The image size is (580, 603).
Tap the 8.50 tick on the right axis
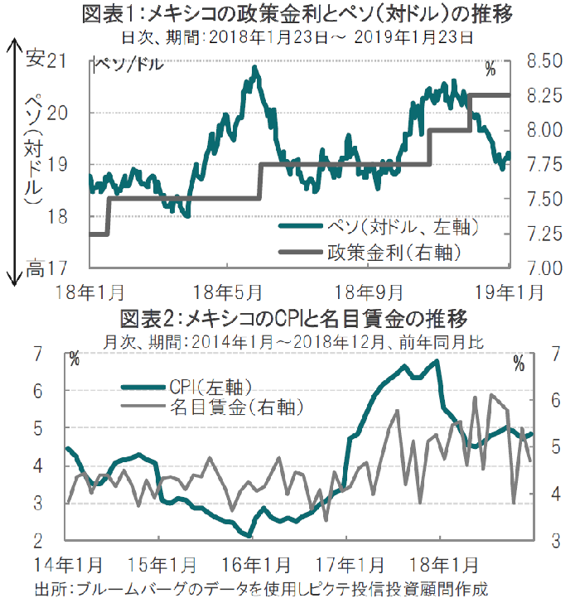click(543, 60)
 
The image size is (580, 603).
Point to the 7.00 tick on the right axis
click(543, 268)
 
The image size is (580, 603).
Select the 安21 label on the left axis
click(46, 60)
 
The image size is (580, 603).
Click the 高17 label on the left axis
click(46, 268)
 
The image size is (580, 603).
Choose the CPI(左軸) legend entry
click(210, 385)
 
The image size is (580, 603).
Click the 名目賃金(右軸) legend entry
click(234, 407)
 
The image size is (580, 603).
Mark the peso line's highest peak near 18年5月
click(254, 68)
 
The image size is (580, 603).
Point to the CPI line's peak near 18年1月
click(436, 361)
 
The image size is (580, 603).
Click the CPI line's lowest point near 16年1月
click(249, 536)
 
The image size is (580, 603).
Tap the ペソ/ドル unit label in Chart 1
click(128, 64)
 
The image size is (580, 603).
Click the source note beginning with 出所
click(261, 589)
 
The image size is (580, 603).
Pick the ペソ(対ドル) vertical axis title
click(33, 149)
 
